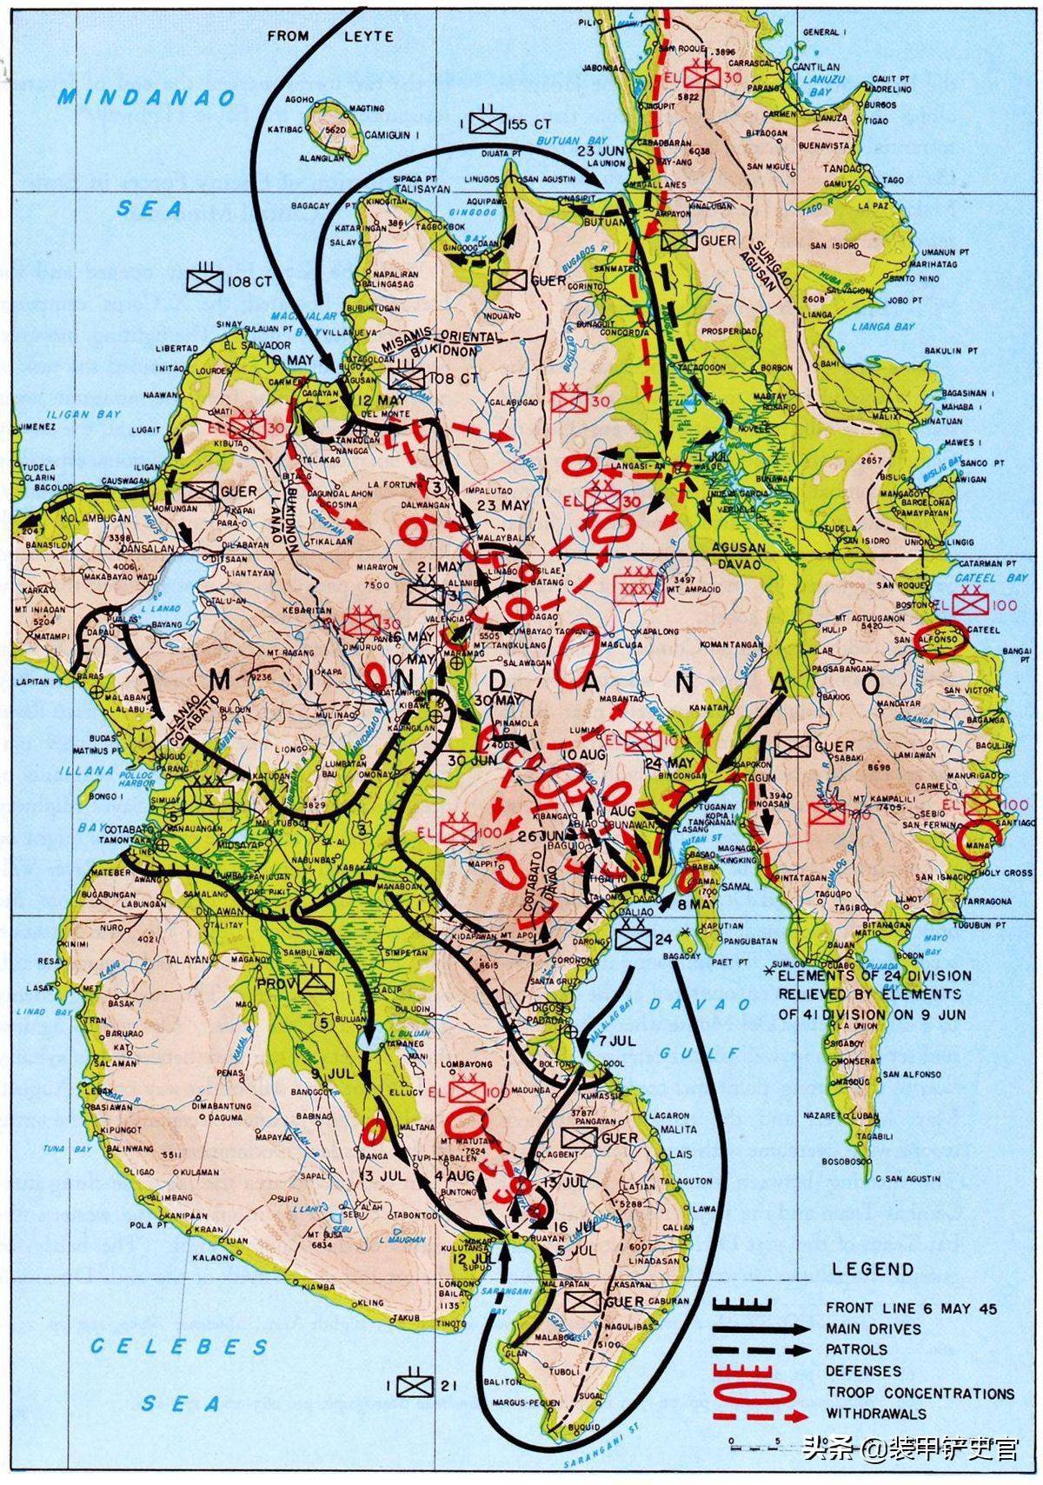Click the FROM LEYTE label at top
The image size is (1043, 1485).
pyautogui.click(x=330, y=37)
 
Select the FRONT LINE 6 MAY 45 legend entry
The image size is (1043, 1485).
pyautogui.click(x=912, y=1308)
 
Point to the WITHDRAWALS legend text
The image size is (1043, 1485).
pyautogui.click(x=876, y=1414)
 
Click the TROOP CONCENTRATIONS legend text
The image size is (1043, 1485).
pyautogui.click(x=920, y=1393)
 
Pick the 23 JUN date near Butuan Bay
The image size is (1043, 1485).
pyautogui.click(x=595, y=150)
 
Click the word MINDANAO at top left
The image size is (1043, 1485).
pyautogui.click(x=147, y=97)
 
